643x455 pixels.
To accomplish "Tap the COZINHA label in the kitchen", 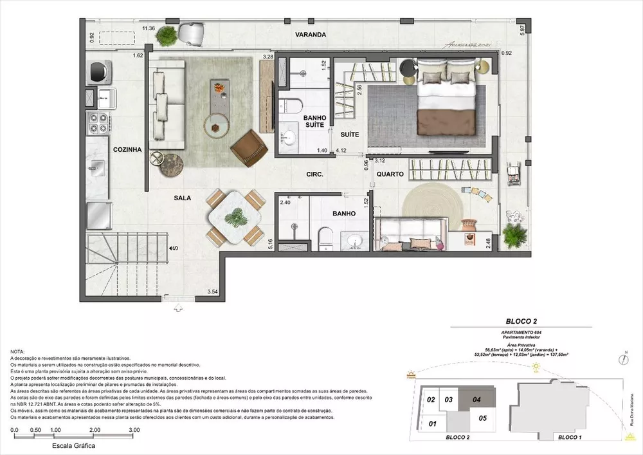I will (127, 149).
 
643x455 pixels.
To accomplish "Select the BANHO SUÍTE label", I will (316, 122).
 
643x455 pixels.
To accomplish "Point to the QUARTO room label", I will (390, 174).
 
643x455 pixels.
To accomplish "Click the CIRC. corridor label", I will (314, 174).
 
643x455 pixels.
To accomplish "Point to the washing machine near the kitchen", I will (98, 69).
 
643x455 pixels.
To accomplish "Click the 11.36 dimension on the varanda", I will (149, 28).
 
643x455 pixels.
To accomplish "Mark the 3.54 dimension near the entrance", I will (212, 293).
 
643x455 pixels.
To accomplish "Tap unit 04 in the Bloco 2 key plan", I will (476, 399).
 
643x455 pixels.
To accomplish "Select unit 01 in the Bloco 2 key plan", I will (432, 423).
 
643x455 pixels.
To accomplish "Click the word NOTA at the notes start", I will (19, 351).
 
